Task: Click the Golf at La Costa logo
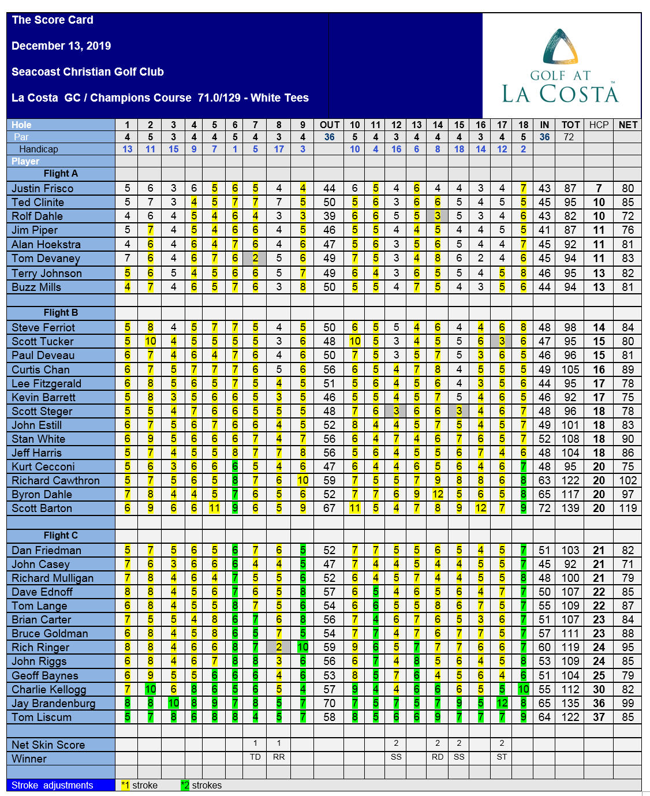coord(560,66)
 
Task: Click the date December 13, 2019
coord(61,46)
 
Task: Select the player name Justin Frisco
coord(43,188)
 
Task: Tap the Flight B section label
coord(61,313)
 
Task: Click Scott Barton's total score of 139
coord(570,509)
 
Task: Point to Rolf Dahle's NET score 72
coord(627,216)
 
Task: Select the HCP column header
coord(599,125)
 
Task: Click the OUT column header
coord(330,125)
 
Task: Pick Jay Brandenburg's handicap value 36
coord(599,704)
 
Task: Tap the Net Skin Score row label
coord(48,745)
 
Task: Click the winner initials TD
coord(255,757)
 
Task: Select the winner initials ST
coord(502,757)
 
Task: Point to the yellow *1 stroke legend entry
coord(139,785)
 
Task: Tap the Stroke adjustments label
coord(53,785)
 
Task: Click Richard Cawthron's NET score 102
coord(627,481)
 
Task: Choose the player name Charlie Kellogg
coord(49,690)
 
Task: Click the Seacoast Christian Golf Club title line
coord(88,72)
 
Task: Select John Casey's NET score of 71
coord(627,565)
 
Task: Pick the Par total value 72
coord(569,137)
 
